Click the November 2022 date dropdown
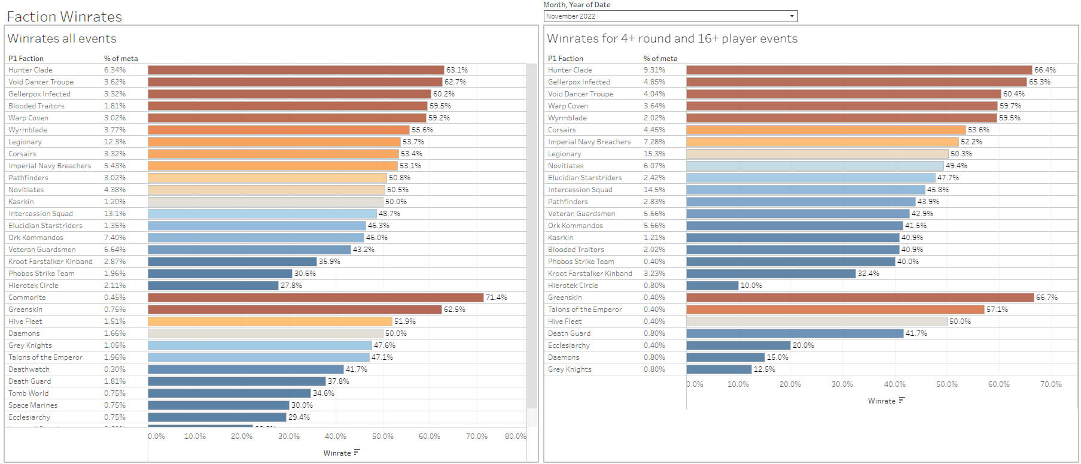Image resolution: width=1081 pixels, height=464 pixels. coord(670,16)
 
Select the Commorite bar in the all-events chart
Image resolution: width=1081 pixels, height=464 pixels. coord(315,298)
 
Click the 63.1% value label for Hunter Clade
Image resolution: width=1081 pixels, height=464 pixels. coord(457,70)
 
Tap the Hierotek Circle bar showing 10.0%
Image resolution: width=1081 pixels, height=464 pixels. coord(712,286)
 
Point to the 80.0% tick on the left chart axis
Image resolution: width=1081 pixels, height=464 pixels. coord(515,436)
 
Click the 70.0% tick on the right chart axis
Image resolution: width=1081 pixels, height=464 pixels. coord(1050,384)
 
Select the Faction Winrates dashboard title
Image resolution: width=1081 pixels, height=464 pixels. coord(65,17)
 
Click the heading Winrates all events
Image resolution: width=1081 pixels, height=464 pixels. coord(62,39)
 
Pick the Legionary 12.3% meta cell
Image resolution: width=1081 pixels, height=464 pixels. coord(115,142)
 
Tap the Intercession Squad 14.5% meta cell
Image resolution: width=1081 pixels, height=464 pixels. coord(654,190)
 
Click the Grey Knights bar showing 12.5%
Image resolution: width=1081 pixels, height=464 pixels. coord(718,369)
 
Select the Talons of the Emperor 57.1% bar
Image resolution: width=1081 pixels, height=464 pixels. coord(835,310)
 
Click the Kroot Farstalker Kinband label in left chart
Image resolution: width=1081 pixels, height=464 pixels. coord(50,262)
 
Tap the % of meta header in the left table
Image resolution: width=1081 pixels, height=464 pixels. coord(121,59)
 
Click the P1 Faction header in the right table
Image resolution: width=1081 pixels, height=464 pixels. coord(565,59)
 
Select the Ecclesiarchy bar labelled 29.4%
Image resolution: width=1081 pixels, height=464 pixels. coord(217,417)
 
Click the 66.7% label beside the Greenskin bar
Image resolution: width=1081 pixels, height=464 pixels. coord(1046,298)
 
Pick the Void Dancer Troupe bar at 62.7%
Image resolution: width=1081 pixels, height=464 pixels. coord(295,82)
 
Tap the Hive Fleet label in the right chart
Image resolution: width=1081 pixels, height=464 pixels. coord(565,322)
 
